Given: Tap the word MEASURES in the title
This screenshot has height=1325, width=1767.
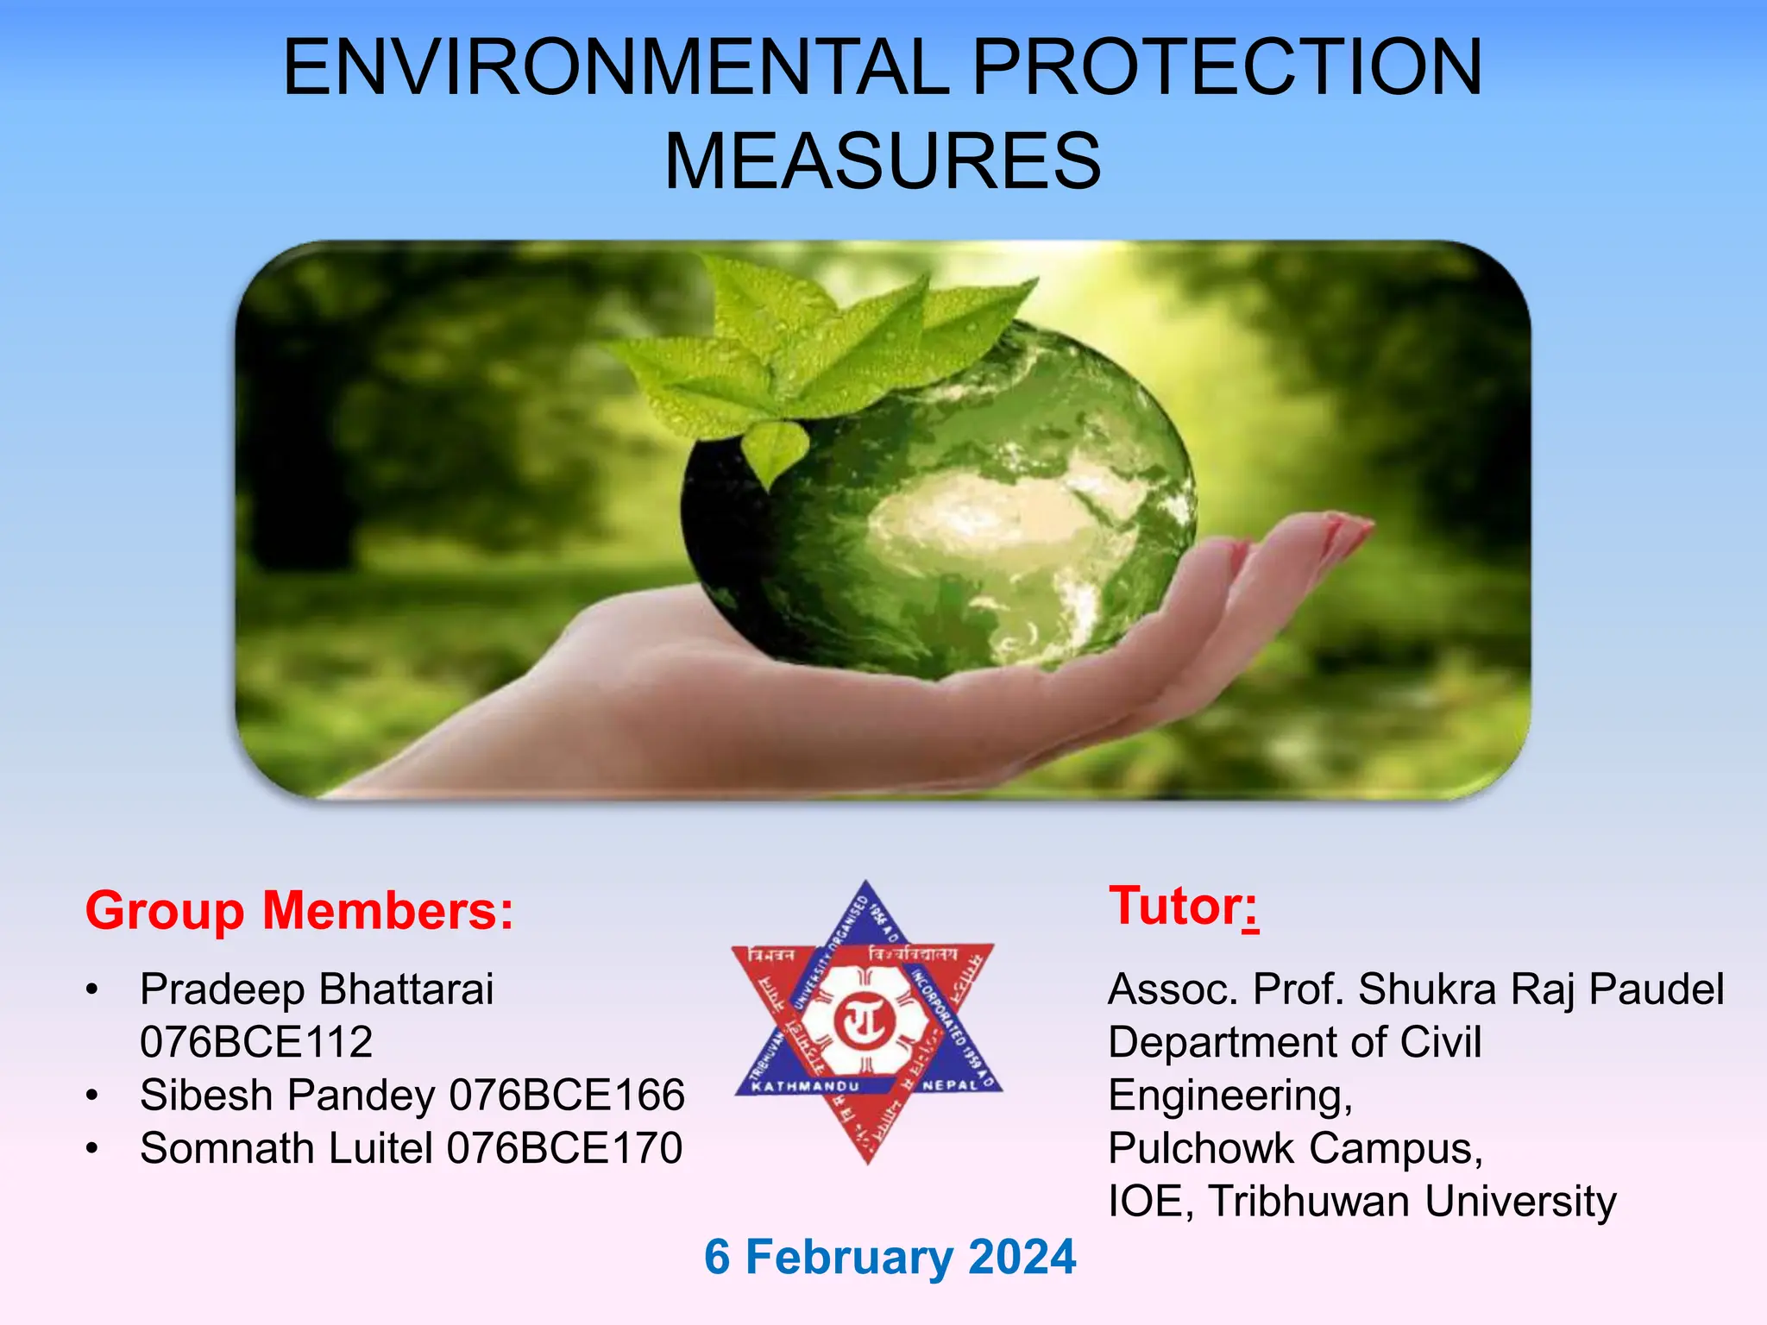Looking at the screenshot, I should point(882,161).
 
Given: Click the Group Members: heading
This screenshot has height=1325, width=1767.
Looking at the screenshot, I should point(299,911).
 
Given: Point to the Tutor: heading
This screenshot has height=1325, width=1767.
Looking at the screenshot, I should point(1183,906).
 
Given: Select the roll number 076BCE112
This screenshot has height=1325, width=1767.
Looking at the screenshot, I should point(256,1042).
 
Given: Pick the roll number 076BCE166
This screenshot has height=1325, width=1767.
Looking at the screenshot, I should point(567,1095).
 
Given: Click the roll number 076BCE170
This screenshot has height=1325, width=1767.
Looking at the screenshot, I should point(564,1148).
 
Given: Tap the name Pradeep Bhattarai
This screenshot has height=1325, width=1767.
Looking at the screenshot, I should point(317,989).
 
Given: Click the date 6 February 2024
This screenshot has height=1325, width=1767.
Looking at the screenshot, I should point(890,1257).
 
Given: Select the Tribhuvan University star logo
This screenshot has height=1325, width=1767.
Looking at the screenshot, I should point(867,1022).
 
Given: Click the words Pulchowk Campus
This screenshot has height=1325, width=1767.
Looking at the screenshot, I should point(1294,1148).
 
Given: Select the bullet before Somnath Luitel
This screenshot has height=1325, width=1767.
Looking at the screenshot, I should point(92,1148).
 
